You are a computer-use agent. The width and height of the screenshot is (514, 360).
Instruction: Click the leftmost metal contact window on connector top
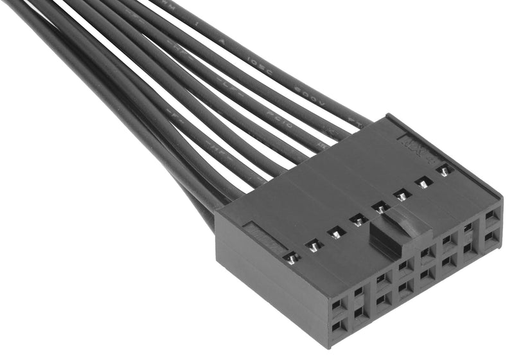(x=292, y=258)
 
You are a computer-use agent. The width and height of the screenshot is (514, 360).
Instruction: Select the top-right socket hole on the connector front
(x=492, y=217)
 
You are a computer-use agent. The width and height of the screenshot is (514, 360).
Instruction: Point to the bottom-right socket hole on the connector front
(x=492, y=238)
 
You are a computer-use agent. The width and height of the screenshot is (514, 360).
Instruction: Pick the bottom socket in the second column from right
(x=468, y=248)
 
